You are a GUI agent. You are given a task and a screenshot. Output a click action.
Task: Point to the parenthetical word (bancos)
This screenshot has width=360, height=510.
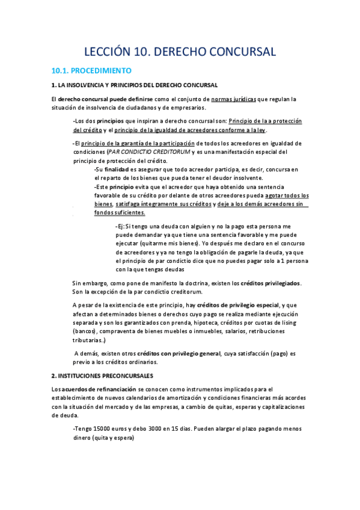84,331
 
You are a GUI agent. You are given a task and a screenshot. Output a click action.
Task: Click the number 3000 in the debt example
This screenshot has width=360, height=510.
148,429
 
